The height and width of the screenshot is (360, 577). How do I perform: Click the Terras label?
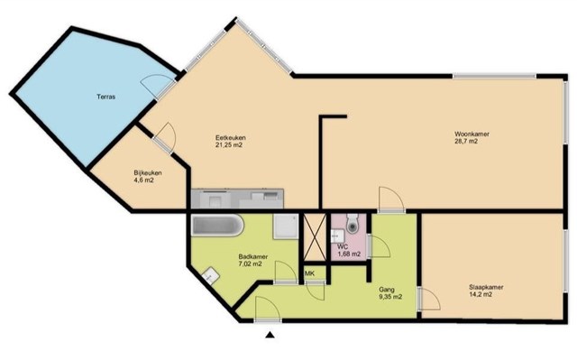coord(106,97)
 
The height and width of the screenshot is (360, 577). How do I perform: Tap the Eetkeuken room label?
coord(231,138)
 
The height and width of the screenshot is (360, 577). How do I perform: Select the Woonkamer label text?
coord(472,134)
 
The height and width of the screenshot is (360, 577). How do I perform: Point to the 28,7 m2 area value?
coord(466,141)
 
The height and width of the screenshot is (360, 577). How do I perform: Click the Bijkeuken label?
coord(148,173)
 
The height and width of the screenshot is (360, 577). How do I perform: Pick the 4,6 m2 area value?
coord(144,180)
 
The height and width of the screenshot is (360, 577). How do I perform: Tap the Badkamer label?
coord(253,256)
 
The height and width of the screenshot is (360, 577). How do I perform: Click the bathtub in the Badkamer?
coord(217,226)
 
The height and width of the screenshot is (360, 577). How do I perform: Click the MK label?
coord(309,273)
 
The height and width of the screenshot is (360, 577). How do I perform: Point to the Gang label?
coord(387,290)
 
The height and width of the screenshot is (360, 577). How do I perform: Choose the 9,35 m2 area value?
coord(390,297)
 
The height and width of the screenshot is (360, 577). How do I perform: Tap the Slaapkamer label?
coord(486,287)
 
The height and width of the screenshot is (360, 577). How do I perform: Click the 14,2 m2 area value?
coord(481,294)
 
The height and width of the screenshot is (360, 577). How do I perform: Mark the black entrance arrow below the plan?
coord(270,335)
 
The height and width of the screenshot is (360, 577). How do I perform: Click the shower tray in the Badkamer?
coord(286,226)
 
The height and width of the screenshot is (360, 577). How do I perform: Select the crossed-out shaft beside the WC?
coord(315,237)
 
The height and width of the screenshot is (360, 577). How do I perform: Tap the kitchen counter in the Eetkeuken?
coord(238,198)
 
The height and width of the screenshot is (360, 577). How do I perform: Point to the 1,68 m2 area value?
coord(349,254)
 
